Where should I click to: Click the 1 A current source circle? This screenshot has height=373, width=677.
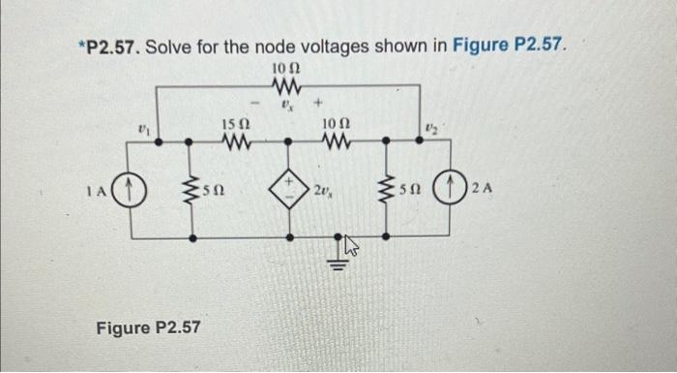(132, 188)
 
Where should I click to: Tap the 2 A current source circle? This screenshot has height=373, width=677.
(453, 188)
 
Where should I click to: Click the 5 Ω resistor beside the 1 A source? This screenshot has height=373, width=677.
(192, 188)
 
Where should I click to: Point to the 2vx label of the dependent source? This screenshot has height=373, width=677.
(324, 189)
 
